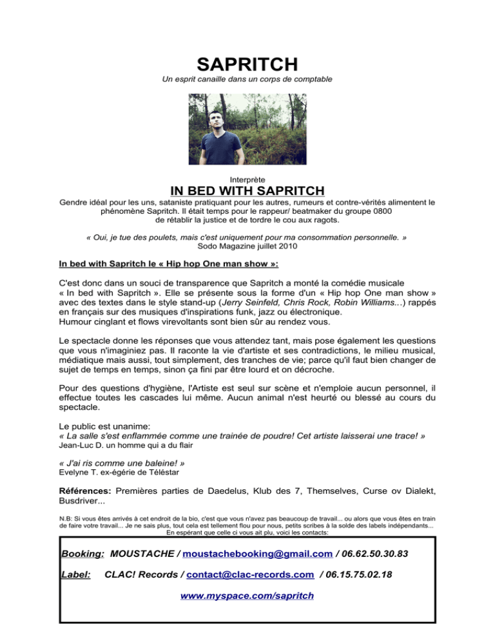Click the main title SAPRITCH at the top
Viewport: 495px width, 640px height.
[247, 64]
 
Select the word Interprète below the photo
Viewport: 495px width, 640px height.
[247, 177]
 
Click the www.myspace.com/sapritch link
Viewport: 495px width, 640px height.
[247, 596]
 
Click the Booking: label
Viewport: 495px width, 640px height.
[83, 554]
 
